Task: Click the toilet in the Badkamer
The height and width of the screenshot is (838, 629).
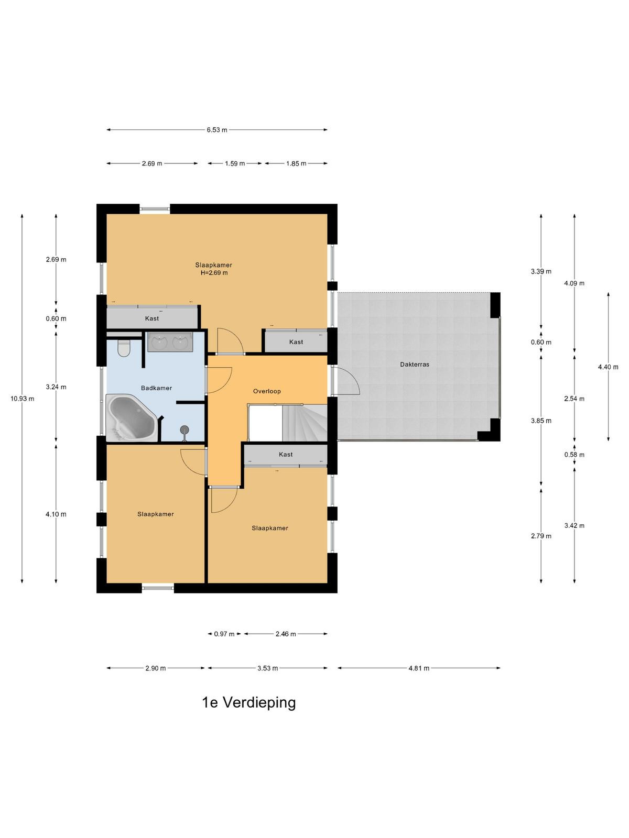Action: pyautogui.click(x=124, y=348)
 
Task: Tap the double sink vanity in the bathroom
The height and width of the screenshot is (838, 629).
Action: pyautogui.click(x=170, y=341)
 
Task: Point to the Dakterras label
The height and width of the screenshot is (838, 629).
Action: pyautogui.click(x=415, y=365)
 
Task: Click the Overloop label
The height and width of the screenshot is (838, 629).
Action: pyautogui.click(x=267, y=391)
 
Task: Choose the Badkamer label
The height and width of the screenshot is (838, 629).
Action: pyautogui.click(x=156, y=388)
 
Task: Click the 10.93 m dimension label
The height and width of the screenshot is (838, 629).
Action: pyautogui.click(x=22, y=399)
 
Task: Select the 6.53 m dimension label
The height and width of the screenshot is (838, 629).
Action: pyautogui.click(x=217, y=130)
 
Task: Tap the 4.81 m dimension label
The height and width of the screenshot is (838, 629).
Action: pyautogui.click(x=419, y=668)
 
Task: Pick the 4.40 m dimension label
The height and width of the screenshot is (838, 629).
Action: pyautogui.click(x=608, y=367)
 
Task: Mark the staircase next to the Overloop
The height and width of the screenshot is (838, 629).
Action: pyautogui.click(x=305, y=423)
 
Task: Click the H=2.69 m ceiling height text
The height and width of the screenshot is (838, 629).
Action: pyautogui.click(x=214, y=273)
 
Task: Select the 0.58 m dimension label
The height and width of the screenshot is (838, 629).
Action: pyautogui.click(x=574, y=455)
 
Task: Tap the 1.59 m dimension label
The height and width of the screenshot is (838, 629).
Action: pyautogui.click(x=235, y=164)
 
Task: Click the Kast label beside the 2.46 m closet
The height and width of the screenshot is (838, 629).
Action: pyautogui.click(x=286, y=454)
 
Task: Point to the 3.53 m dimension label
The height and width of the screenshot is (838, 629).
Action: pyautogui.click(x=267, y=668)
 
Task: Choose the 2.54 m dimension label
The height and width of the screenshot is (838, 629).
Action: pyautogui.click(x=574, y=399)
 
